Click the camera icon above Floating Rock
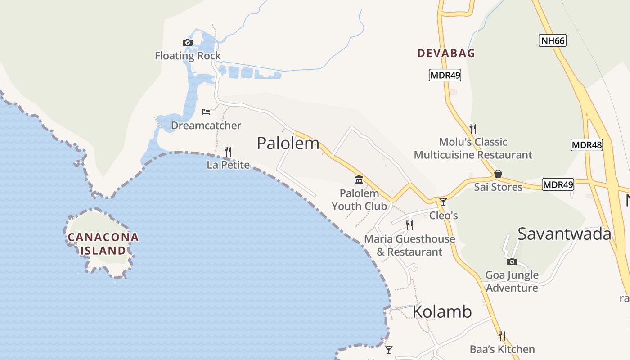(x=188, y=42)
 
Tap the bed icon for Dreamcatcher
(x=206, y=112)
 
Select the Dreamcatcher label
(x=206, y=126)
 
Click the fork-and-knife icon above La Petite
(x=228, y=151)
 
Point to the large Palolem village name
(x=288, y=144)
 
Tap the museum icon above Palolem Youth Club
(x=359, y=180)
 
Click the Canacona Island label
(x=103, y=243)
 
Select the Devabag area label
(x=446, y=53)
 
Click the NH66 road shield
(x=552, y=40)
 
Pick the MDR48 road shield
(x=586, y=145)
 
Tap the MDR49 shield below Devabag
(x=445, y=75)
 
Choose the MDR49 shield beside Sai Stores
(x=558, y=184)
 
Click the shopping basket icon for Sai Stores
(x=498, y=174)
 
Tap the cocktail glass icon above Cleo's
(x=443, y=202)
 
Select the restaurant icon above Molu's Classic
(x=472, y=129)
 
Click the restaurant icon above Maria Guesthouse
(x=409, y=225)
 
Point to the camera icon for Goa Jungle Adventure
(x=512, y=261)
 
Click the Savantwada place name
(x=564, y=234)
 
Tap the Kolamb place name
(x=442, y=311)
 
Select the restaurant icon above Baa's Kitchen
(x=502, y=336)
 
